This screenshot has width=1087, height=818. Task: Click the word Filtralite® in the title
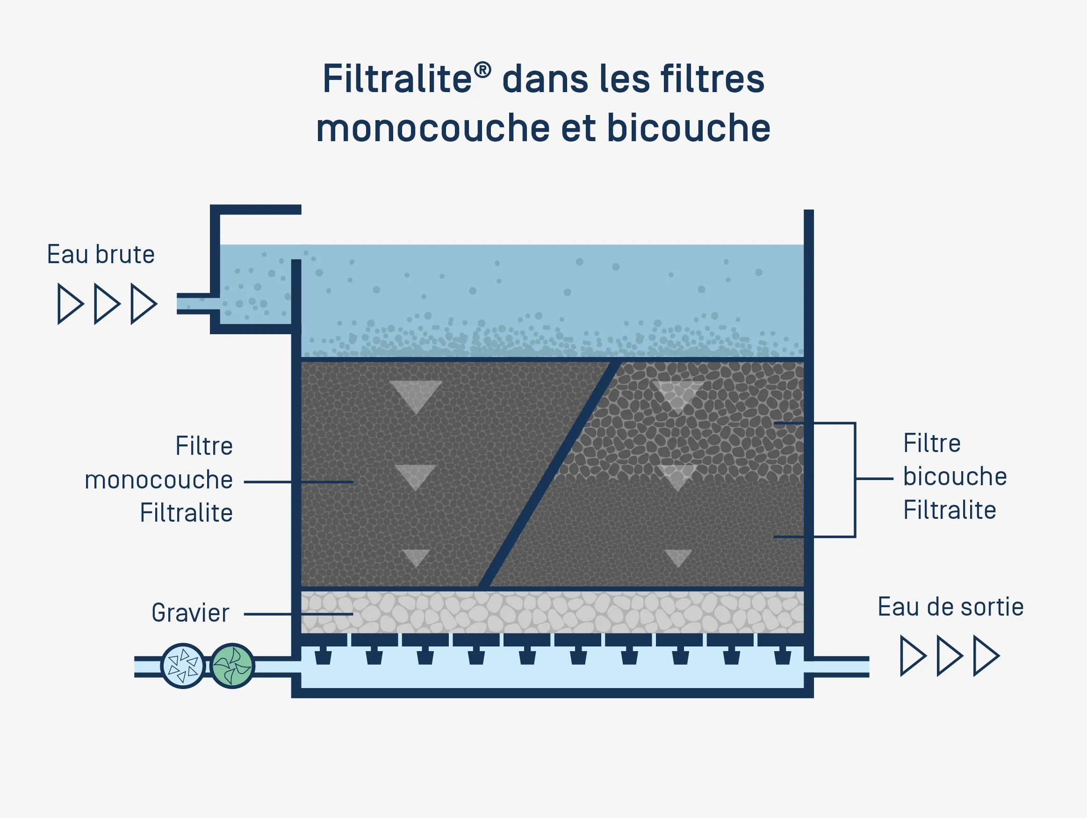[x=406, y=79]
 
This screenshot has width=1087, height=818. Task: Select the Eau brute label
[x=101, y=254]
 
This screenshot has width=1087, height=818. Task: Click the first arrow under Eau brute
[x=70, y=304]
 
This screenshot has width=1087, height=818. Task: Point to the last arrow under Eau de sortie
[x=986, y=656]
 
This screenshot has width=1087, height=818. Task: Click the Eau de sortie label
[x=950, y=607]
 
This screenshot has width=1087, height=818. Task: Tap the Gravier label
[x=190, y=613]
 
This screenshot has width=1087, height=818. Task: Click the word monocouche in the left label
[x=159, y=480]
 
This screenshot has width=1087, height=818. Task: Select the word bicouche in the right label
[x=955, y=477]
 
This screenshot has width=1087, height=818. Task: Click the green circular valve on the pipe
[x=232, y=666]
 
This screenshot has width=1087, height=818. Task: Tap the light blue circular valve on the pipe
[x=183, y=666]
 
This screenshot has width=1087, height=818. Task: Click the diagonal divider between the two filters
[x=549, y=474]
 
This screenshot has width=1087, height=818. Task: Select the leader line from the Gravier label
[x=298, y=614]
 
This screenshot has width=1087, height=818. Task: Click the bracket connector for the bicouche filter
[x=855, y=480]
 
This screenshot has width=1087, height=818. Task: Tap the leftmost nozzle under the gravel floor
[x=323, y=656]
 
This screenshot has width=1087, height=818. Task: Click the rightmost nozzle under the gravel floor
[x=782, y=656]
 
